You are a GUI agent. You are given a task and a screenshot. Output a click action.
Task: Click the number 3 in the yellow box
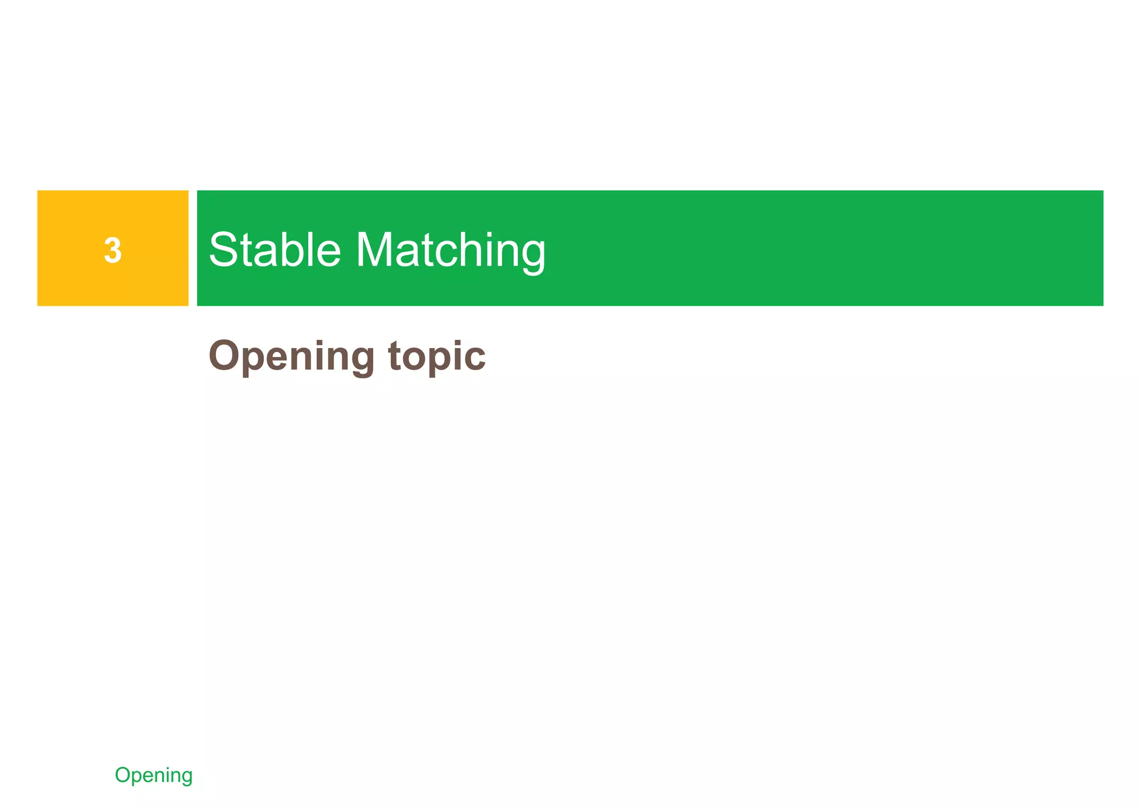tap(113, 250)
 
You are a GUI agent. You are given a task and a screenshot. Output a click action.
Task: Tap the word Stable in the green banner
tap(274, 250)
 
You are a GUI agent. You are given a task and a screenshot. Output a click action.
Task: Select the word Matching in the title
tap(451, 251)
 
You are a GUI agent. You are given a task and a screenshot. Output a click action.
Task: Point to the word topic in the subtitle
tap(437, 356)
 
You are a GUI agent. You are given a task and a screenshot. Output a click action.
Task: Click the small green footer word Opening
tap(154, 775)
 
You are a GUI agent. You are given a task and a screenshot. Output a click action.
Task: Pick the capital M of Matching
tap(375, 250)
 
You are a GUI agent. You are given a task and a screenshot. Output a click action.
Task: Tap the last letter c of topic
tap(475, 359)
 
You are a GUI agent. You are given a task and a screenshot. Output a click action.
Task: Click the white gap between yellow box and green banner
tap(193, 248)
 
